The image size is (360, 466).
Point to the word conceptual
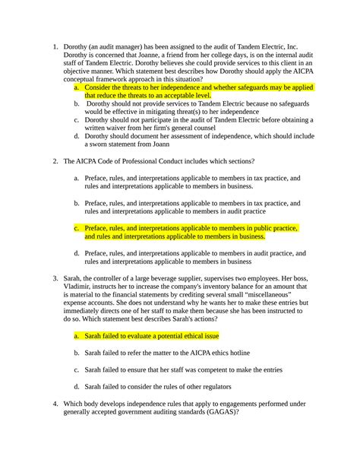(x=86, y=78)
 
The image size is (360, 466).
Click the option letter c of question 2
(x=76, y=227)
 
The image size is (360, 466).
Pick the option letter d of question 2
(x=76, y=252)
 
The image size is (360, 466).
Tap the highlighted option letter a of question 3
(x=76, y=334)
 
